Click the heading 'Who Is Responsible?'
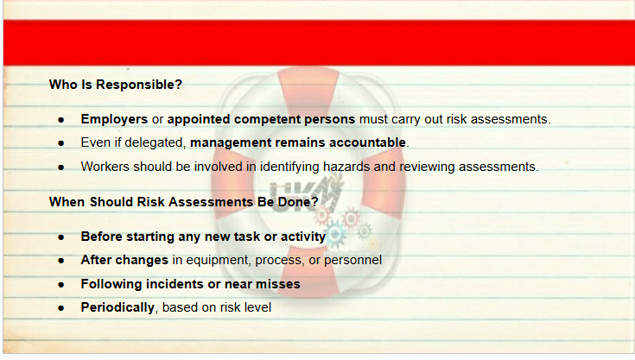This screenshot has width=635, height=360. coord(116,85)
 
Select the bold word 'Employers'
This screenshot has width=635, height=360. coord(114,119)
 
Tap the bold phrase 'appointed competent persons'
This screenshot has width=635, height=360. coord(261,119)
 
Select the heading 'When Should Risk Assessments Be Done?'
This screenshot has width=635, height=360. coord(183,202)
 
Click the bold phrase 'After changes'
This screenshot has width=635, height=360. coord(124,260)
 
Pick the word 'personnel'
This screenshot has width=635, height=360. coord(352,260)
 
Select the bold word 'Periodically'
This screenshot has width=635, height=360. coord(117,307)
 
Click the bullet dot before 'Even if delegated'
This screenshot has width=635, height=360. coord(61,143)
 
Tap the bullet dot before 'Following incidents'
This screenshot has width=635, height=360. coord(61,285)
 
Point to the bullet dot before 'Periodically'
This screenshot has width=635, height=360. coord(61,308)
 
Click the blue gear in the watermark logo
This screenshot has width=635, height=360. coord(335,234)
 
